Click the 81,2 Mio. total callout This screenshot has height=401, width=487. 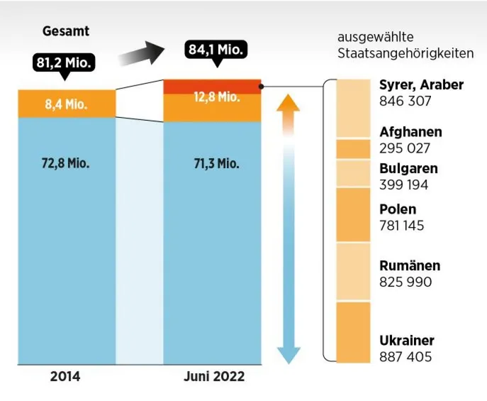(64, 63)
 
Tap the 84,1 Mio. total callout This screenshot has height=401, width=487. (217, 50)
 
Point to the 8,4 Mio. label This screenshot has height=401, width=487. (66, 104)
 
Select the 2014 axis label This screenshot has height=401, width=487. (65, 376)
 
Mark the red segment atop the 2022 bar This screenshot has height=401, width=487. (212, 86)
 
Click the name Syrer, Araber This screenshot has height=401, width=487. (421, 85)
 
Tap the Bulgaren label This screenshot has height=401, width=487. (408, 169)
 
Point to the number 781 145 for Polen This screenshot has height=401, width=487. (405, 226)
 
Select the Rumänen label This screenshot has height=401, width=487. (410, 265)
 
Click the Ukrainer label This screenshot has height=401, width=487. (407, 340)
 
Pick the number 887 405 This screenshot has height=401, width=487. (405, 356)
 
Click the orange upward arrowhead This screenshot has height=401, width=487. (288, 103)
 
